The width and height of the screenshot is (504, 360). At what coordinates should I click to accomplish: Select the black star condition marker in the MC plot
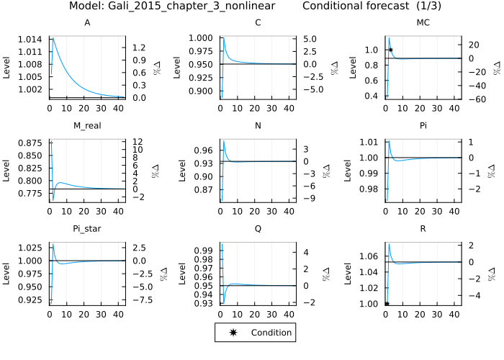390,50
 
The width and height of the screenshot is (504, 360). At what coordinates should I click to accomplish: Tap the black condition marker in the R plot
387,304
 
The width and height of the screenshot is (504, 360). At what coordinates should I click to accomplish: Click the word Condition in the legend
271,333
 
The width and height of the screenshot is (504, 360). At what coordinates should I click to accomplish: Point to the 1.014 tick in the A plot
32,39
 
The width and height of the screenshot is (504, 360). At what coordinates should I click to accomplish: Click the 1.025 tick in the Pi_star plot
32,248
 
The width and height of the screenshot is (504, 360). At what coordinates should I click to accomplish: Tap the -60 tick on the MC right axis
474,99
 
